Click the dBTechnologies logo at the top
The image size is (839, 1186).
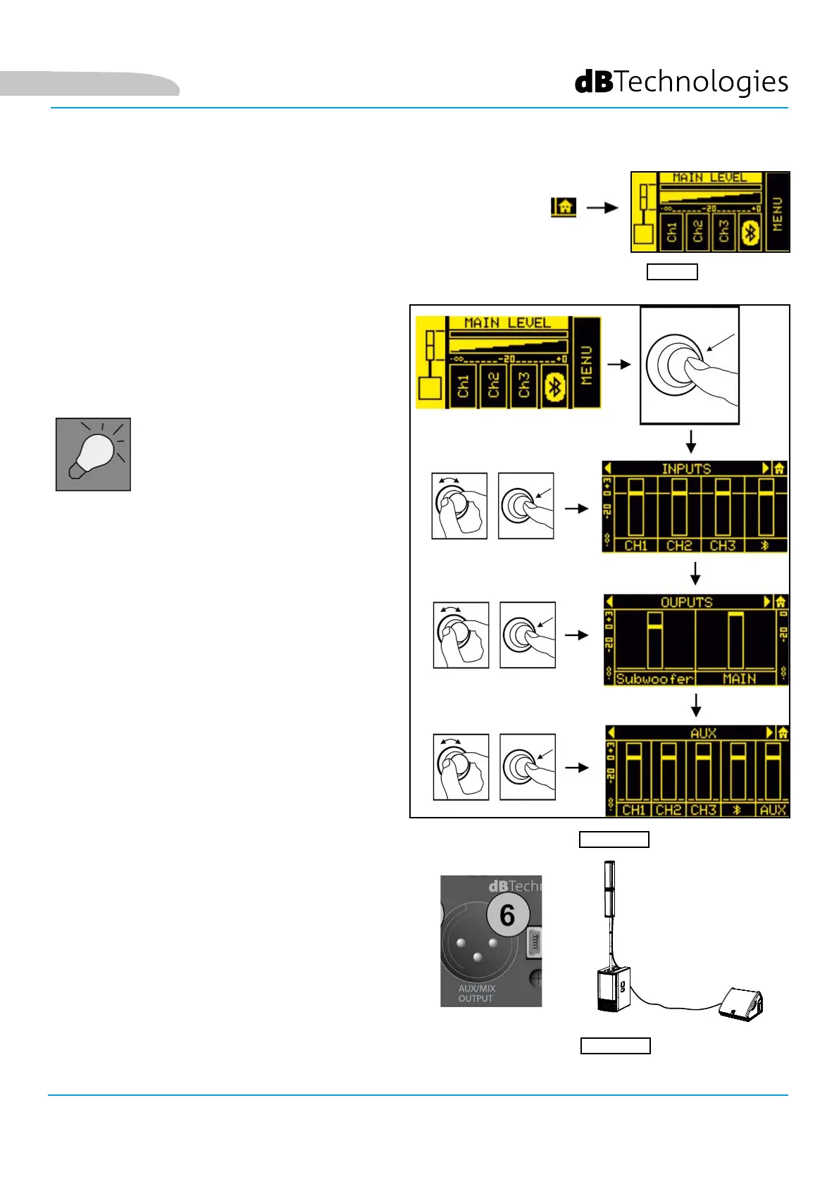[x=681, y=82]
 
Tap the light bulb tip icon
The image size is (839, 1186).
[x=93, y=454]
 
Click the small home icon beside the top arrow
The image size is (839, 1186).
[x=564, y=207]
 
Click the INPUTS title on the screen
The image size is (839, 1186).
[x=686, y=468]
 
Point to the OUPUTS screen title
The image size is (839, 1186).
[x=687, y=602]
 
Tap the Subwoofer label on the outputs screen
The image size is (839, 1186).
[x=654, y=679]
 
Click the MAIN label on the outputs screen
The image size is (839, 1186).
[x=739, y=679]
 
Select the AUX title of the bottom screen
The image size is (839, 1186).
[x=703, y=733]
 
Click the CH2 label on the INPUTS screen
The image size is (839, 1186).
[x=679, y=546]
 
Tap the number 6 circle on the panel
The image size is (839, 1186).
[x=507, y=916]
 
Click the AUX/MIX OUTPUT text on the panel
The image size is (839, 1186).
[x=476, y=993]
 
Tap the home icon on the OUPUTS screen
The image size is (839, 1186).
[x=781, y=602]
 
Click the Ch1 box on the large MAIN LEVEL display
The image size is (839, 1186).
[x=463, y=386]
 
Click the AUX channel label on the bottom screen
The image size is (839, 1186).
[x=773, y=810]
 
